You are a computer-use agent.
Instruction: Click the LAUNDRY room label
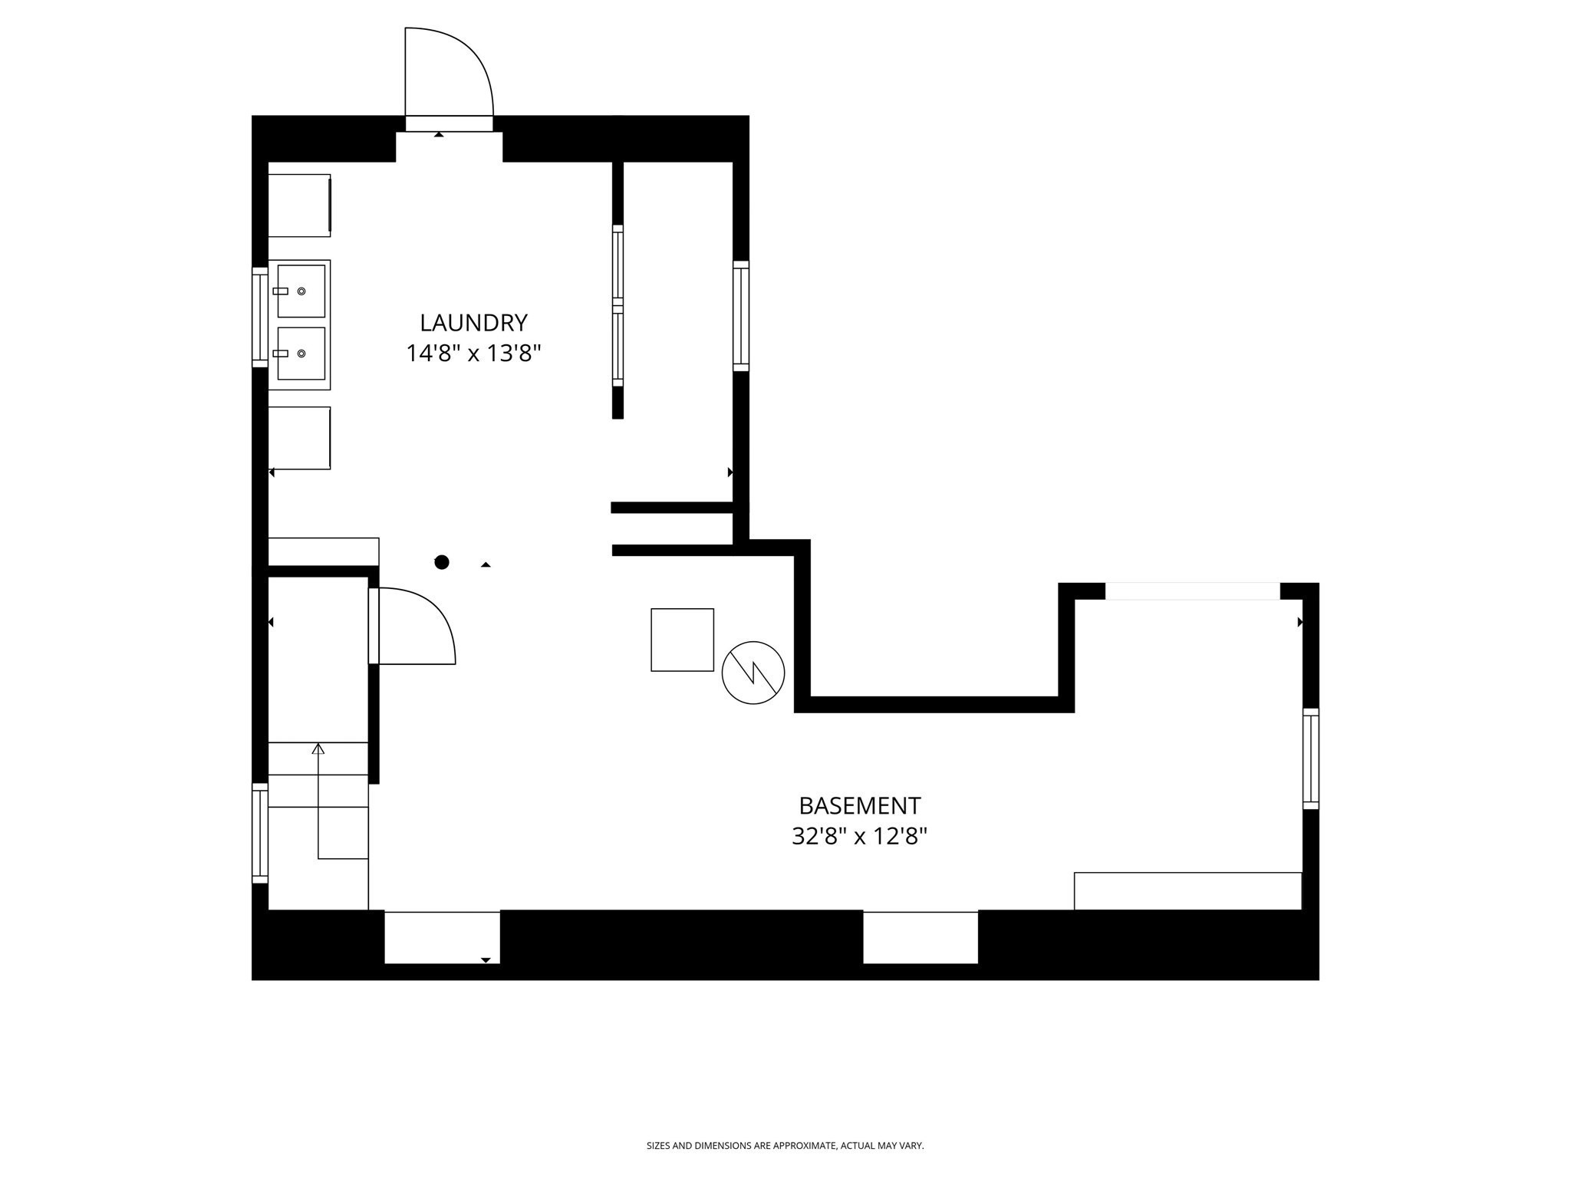tap(473, 323)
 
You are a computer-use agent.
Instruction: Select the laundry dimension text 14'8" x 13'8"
tap(473, 354)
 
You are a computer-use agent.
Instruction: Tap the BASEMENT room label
tap(859, 806)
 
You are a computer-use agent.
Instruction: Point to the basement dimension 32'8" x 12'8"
tap(859, 836)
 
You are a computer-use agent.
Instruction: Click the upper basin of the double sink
tap(301, 291)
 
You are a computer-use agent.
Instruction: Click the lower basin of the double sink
tap(301, 354)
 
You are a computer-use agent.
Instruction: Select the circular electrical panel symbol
tap(753, 673)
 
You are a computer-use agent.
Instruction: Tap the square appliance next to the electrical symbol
tap(682, 640)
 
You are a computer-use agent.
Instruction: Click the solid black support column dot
tap(442, 562)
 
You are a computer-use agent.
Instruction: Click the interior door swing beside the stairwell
tap(413, 626)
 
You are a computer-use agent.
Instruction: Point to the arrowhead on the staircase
tap(318, 749)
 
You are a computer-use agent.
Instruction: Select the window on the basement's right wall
tap(1310, 758)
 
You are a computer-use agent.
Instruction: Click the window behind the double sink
tap(260, 318)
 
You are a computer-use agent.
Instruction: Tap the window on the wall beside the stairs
tap(260, 833)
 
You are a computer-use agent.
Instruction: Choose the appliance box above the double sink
tap(298, 205)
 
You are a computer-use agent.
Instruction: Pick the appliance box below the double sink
tap(298, 438)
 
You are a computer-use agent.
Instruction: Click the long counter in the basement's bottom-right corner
tap(1187, 890)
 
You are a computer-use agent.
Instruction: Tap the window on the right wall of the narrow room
tap(740, 316)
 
